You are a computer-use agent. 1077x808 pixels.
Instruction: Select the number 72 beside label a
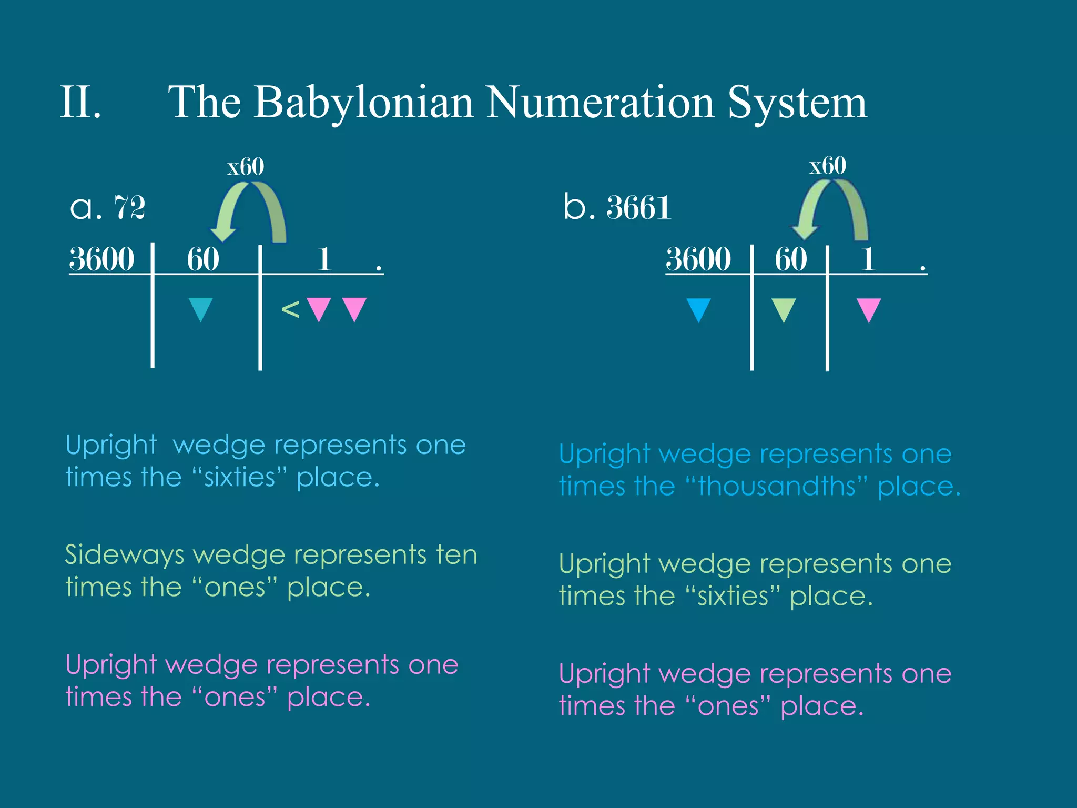point(129,207)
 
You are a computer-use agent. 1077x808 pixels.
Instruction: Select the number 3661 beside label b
point(639,207)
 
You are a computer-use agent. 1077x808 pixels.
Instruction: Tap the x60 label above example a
point(246,167)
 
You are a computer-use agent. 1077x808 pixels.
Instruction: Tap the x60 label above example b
point(827,166)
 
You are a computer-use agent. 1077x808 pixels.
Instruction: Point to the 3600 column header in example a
point(102,259)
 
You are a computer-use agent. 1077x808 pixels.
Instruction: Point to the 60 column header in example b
point(790,259)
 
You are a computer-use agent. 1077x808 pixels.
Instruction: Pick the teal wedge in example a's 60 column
point(200,309)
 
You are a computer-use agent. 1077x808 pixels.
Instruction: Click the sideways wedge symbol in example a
point(290,309)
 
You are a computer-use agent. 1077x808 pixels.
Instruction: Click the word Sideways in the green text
point(125,555)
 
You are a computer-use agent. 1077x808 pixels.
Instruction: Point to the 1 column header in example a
point(324,259)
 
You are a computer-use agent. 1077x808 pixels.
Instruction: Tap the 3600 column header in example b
point(698,259)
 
